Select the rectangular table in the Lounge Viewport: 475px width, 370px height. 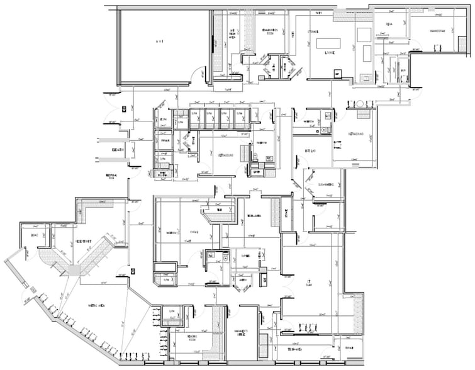pyautogui.click(x=328, y=43)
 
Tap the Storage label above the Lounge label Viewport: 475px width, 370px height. pyautogui.click(x=313, y=31)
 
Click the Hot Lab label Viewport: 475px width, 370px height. pyautogui.click(x=310, y=152)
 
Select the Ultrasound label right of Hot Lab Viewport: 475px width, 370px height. pyautogui.click(x=356, y=134)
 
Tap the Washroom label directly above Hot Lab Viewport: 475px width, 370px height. pyautogui.click(x=308, y=122)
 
